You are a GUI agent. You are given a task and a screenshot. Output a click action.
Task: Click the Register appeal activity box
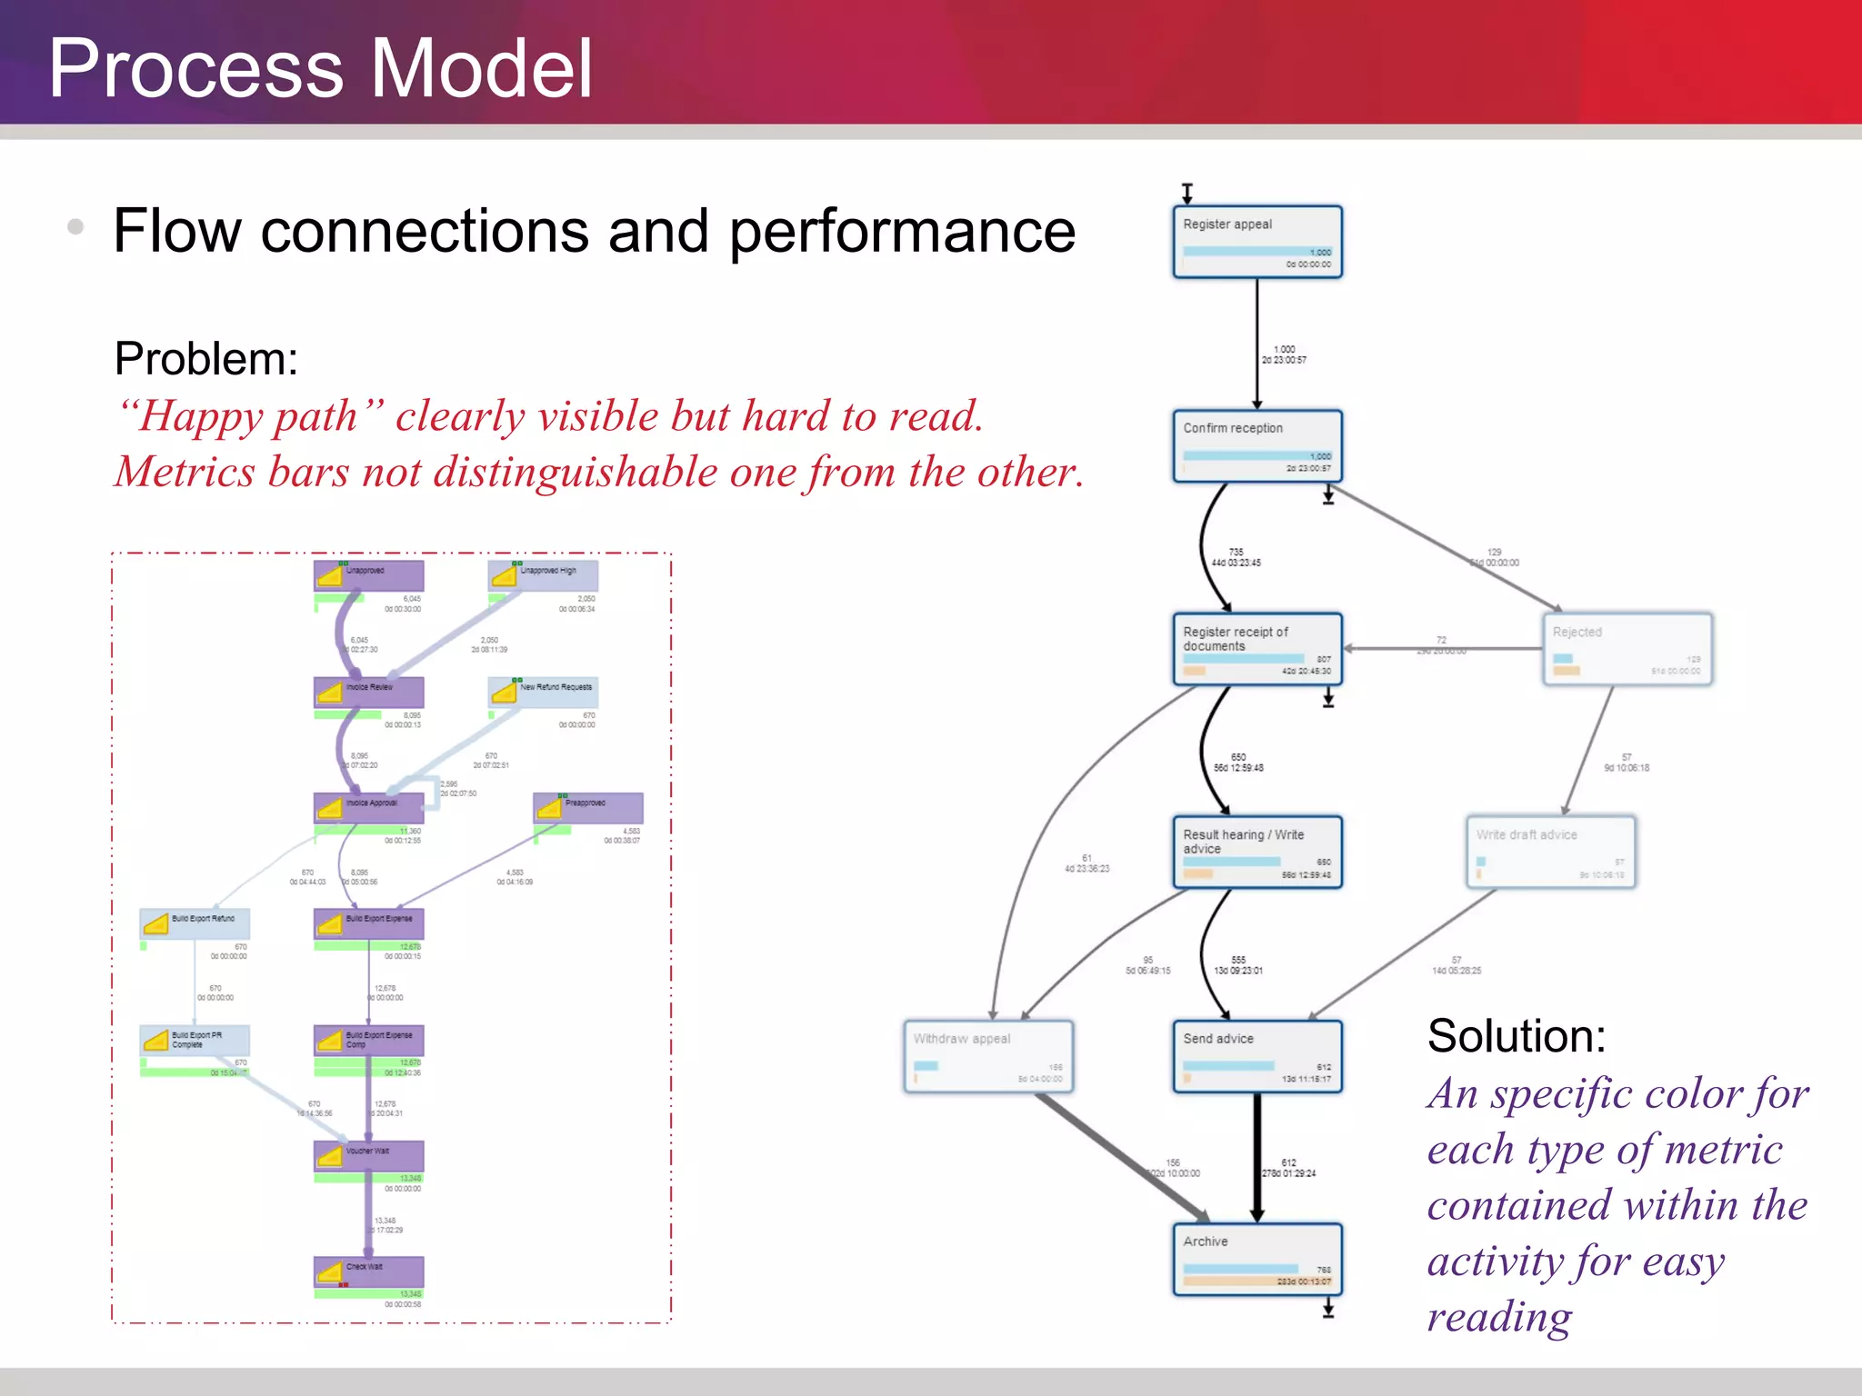(1256, 242)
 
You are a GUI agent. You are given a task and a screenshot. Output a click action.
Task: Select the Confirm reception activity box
(1256, 445)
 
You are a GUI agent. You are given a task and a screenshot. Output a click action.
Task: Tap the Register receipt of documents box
(1256, 649)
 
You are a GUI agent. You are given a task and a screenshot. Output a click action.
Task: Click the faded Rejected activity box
(1627, 649)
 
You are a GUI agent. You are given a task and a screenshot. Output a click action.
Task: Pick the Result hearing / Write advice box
(1256, 852)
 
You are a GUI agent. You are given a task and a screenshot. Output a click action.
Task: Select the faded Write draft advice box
(1551, 852)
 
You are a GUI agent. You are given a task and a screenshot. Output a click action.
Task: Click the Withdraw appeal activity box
(988, 1056)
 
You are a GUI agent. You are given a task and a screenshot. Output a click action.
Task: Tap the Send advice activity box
(1256, 1056)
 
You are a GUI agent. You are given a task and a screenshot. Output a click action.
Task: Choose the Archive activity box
(1256, 1259)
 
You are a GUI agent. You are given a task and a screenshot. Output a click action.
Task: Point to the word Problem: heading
(206, 359)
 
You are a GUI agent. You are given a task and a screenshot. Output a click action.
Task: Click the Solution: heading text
(1517, 1036)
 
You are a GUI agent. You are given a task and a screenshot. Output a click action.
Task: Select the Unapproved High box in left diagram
(543, 575)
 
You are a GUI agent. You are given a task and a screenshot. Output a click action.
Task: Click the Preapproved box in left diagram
(587, 807)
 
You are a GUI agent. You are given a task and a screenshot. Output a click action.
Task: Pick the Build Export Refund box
(195, 923)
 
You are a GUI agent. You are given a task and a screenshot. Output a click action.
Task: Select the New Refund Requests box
(543, 692)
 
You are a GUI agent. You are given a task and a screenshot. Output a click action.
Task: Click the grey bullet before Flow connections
(76, 227)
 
